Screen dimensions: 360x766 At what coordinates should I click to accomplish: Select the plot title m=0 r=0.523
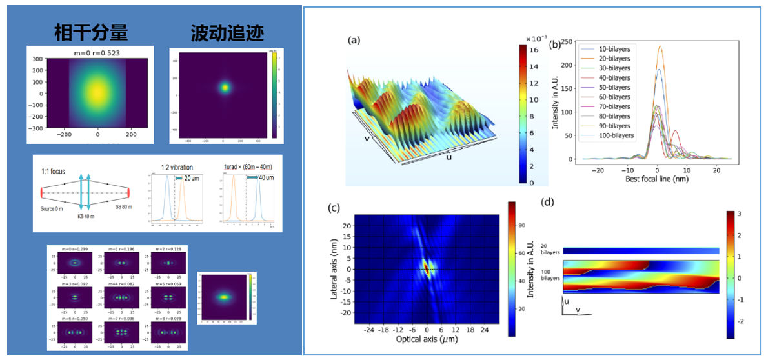90,52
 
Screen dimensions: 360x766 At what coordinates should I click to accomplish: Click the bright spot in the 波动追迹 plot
225,86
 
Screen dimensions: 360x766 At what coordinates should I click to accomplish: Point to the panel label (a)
354,40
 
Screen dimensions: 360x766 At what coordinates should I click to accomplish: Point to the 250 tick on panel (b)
567,42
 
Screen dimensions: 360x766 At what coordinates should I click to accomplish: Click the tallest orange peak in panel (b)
660,47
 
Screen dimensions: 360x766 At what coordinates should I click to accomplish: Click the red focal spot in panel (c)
426,269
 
